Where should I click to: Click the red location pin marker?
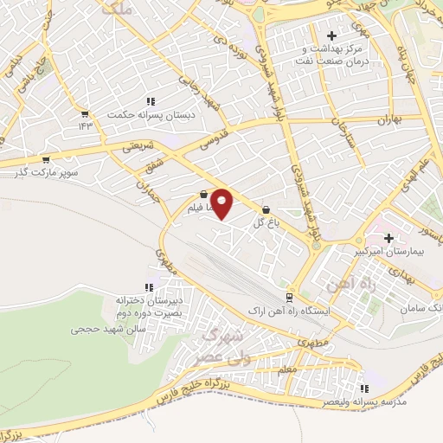222,203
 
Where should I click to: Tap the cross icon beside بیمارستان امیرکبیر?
388,237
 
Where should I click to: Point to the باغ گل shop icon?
265,209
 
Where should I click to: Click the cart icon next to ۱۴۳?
84,113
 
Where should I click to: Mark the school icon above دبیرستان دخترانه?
149,286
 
